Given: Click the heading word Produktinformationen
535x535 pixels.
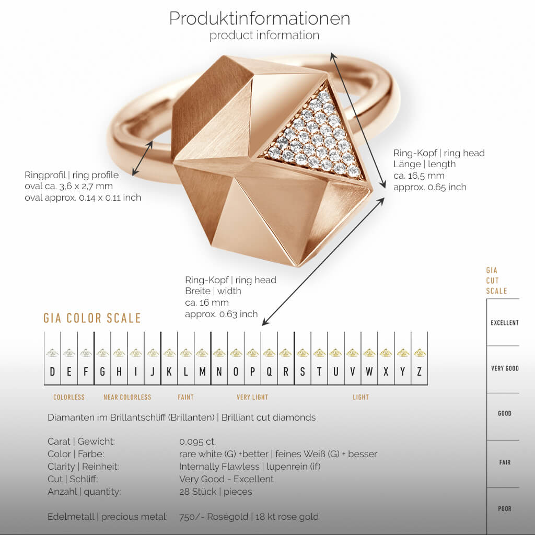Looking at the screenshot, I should [259, 18].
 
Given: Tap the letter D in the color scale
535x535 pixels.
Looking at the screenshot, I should [52, 372].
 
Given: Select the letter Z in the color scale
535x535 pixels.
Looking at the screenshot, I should [419, 372].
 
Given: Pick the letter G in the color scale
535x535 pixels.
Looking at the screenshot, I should [102, 372].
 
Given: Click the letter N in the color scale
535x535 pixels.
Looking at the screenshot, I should [219, 372].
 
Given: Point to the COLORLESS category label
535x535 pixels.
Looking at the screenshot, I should [69, 397].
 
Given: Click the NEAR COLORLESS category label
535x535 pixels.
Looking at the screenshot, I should [127, 397].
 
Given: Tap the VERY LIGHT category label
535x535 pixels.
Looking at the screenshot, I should [252, 397].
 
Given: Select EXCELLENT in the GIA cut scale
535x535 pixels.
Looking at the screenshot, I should [504, 323].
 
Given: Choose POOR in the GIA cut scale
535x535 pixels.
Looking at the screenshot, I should [504, 508].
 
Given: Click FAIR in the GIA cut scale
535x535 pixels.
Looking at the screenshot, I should [504, 462].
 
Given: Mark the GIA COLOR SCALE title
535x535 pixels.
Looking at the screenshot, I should [92, 318].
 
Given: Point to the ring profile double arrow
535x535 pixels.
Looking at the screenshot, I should [142, 158].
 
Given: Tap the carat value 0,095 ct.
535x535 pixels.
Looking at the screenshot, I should [197, 441].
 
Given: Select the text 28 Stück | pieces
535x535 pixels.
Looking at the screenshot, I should [215, 492].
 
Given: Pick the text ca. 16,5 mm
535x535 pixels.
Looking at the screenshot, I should [418, 176].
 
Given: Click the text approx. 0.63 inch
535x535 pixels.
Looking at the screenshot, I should [221, 314].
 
